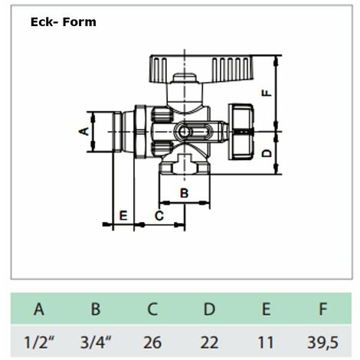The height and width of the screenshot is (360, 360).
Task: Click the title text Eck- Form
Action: tap(64, 22)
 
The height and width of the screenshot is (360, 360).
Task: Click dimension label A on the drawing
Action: tap(83, 132)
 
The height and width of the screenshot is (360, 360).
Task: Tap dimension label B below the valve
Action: tap(184, 193)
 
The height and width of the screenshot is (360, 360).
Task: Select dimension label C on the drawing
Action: tap(159, 216)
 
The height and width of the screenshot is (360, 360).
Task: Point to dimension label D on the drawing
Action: tap(267, 153)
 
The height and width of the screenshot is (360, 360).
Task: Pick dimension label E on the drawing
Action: tap(123, 216)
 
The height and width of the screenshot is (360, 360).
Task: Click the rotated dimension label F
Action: tap(267, 93)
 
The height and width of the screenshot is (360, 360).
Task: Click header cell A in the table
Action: tap(39, 309)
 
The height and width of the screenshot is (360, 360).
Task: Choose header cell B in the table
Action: tap(96, 309)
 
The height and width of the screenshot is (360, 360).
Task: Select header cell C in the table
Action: tap(152, 309)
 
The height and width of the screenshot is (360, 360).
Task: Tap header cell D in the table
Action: tap(209, 309)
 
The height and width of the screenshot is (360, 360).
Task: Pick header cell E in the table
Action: tap(267, 309)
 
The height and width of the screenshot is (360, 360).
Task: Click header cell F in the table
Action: tap(323, 309)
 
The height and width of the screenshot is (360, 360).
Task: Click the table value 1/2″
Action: tap(39, 342)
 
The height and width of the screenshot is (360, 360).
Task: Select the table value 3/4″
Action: tap(96, 342)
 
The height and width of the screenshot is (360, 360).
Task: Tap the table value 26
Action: tap(152, 342)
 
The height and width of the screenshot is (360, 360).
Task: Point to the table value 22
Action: tap(209, 342)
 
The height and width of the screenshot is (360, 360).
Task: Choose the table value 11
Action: tap(266, 342)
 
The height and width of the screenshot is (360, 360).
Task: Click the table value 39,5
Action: tap(323, 343)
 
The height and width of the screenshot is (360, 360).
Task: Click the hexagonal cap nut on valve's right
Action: tap(241, 132)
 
